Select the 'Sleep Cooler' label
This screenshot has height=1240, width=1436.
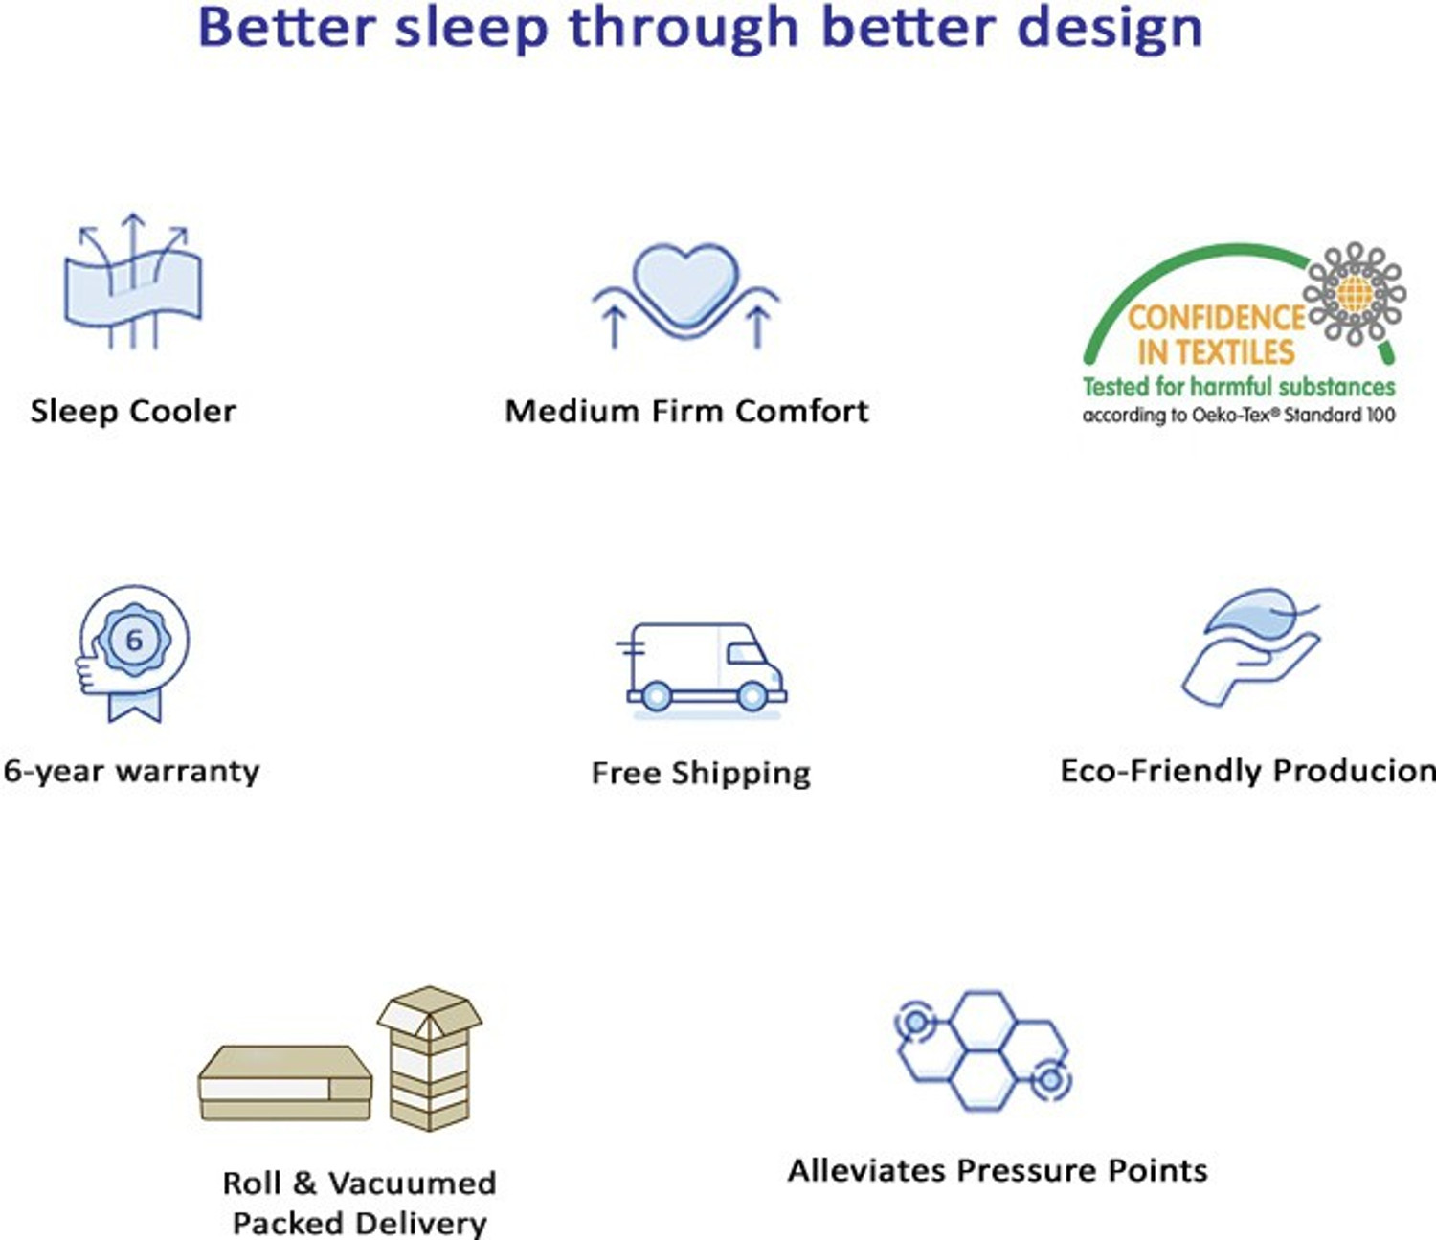(x=133, y=412)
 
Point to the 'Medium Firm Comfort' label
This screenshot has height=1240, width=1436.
(x=686, y=412)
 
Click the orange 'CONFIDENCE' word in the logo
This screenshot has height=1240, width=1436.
(x=1216, y=318)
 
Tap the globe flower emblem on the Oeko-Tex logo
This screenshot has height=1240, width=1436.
(x=1355, y=293)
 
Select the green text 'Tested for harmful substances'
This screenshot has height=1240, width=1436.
(x=1239, y=387)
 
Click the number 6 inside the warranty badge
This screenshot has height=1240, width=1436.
(x=134, y=640)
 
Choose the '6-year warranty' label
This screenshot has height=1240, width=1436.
(x=131, y=772)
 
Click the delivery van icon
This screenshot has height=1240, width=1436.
(x=702, y=667)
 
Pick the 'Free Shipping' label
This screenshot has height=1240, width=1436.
(x=701, y=773)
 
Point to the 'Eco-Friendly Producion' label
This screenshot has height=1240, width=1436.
(x=1247, y=772)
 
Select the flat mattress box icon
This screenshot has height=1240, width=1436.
(x=284, y=1082)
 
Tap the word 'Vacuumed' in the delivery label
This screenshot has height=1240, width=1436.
(x=412, y=1184)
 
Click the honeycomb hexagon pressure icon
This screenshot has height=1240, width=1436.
(x=983, y=1050)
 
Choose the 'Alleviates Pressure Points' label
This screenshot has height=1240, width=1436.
(x=998, y=1170)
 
